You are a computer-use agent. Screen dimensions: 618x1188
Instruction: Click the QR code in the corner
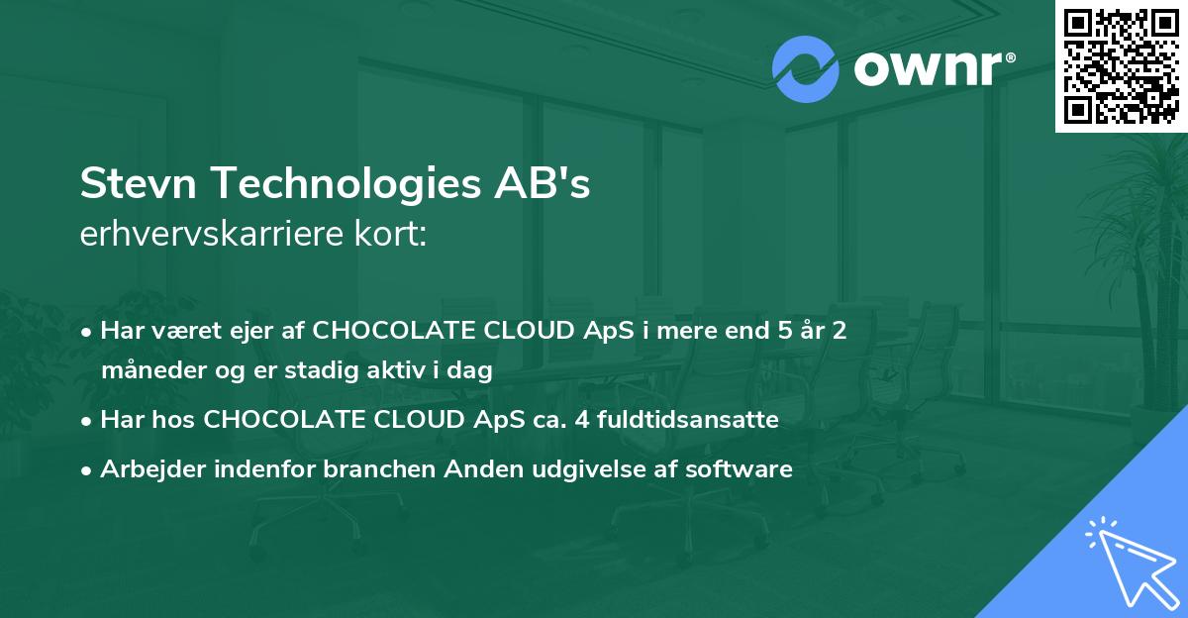point(1120,66)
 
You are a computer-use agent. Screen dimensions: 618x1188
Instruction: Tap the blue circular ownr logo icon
point(806,69)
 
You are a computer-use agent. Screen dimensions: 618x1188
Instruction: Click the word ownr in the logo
point(927,69)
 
